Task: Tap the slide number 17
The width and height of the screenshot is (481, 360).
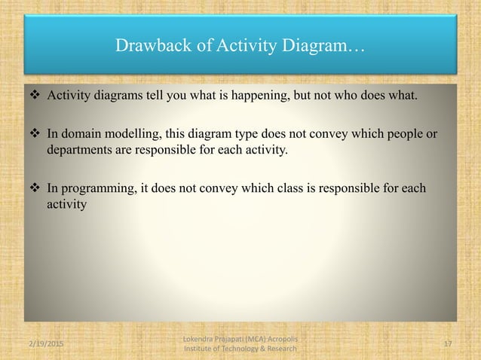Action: click(448, 343)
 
